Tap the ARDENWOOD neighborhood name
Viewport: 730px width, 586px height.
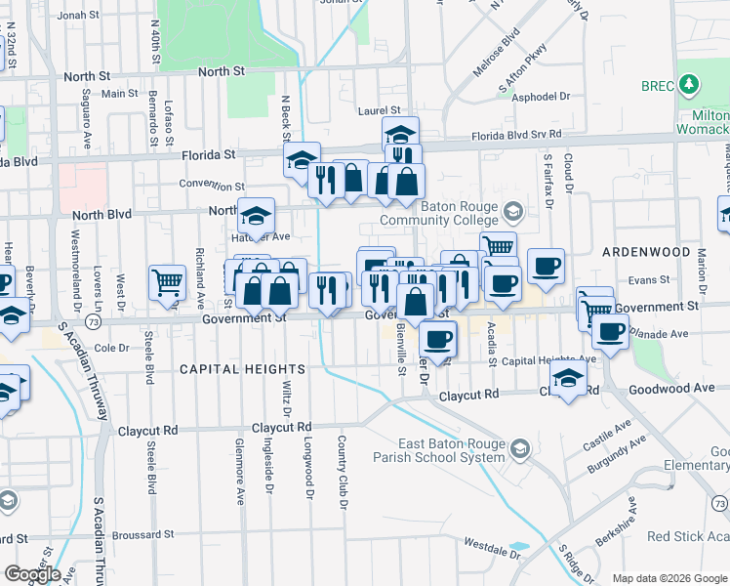point(646,252)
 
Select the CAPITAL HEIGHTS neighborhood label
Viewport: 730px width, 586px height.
point(242,369)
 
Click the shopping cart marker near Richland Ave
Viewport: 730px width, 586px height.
point(167,282)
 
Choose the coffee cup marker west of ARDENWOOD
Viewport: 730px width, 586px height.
point(547,265)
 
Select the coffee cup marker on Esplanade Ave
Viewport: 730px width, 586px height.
point(611,330)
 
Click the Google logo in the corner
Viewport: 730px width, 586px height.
point(32,573)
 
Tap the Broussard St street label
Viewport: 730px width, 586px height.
point(142,534)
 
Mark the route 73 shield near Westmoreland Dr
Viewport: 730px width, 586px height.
point(92,321)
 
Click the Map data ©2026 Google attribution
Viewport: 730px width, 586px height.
point(669,578)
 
